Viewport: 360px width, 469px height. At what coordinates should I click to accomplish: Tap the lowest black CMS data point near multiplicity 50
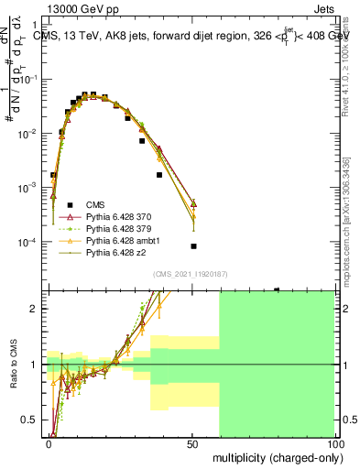(x=193, y=246)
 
